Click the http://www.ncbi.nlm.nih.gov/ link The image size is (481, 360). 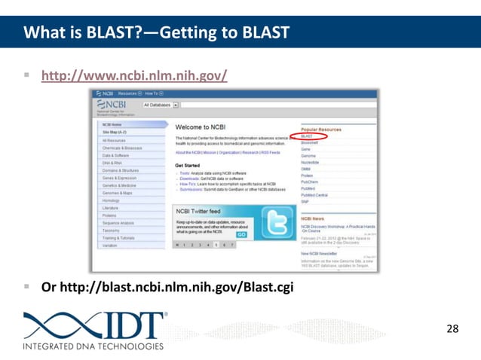click(x=133, y=76)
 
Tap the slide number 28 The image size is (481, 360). click(x=452, y=328)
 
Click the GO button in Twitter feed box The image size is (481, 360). click(x=241, y=234)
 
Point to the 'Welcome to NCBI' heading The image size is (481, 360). click(x=200, y=127)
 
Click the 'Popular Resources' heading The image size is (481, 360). click(x=321, y=130)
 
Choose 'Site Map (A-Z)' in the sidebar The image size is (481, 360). click(x=115, y=132)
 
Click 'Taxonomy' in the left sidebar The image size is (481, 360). click(x=111, y=230)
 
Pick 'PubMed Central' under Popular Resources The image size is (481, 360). click(x=314, y=195)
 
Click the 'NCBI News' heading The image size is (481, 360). click(x=313, y=218)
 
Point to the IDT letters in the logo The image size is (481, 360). click(x=132, y=325)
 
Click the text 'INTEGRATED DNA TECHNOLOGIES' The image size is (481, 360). click(x=93, y=346)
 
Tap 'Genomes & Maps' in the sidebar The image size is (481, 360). click(x=117, y=193)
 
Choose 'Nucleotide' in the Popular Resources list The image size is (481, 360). click(x=310, y=162)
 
